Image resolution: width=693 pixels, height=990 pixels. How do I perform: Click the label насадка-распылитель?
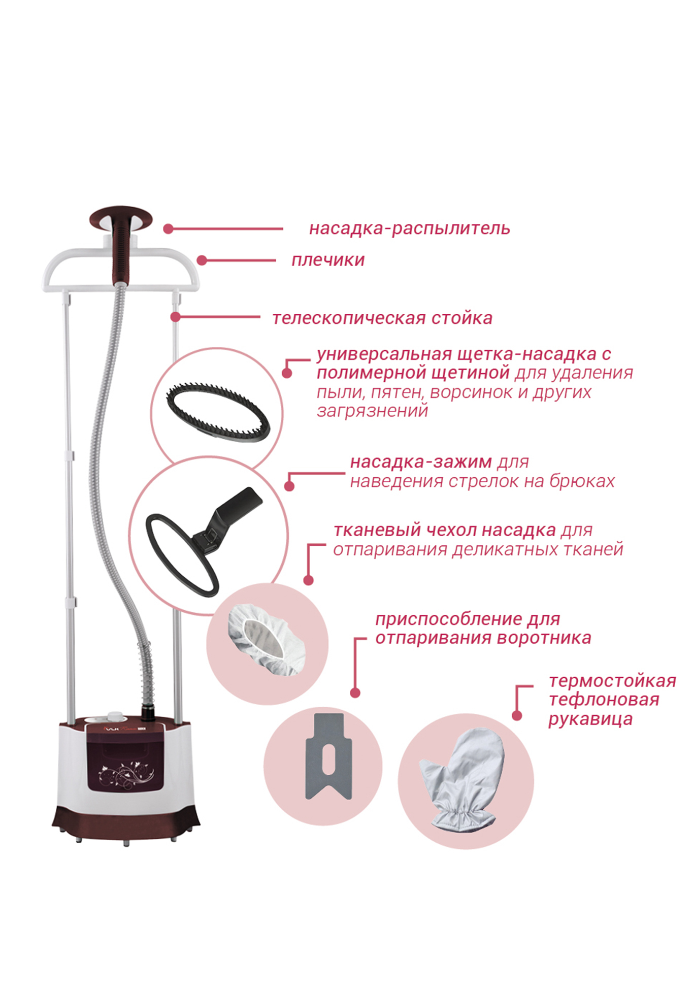point(409,229)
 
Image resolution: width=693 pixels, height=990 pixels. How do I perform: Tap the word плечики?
point(328,260)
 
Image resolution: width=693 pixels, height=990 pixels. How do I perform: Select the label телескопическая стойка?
point(382,318)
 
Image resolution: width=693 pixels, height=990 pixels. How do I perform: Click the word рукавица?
point(590,719)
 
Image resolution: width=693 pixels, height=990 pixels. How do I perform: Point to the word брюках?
point(582,481)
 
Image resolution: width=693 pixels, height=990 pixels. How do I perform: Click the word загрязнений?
point(372,411)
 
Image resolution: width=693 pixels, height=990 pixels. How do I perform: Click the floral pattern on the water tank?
point(127,775)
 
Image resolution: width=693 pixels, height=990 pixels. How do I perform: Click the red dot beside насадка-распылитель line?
point(169,229)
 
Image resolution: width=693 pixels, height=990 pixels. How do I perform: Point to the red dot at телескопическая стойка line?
point(176,317)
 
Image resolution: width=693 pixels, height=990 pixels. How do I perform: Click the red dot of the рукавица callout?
point(517,716)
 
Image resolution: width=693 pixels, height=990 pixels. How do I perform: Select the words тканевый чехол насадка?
point(445,531)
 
